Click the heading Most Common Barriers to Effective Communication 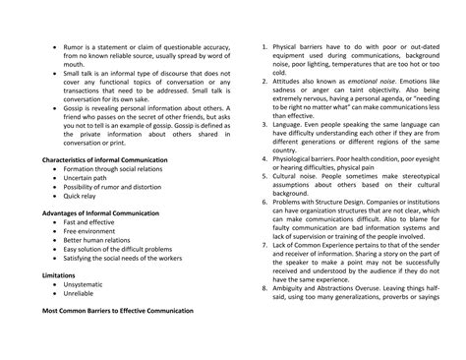118,311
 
